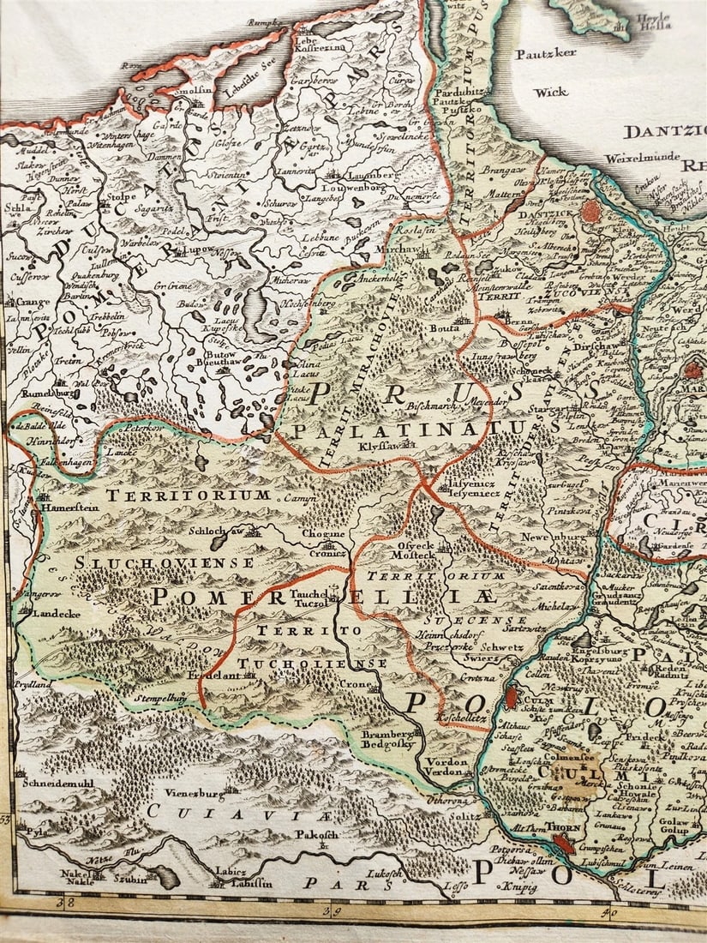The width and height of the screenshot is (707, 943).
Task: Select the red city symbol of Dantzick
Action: coord(591,211)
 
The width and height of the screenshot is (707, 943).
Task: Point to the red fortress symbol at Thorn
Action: coord(564,844)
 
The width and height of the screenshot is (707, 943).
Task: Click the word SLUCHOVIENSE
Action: coord(164,562)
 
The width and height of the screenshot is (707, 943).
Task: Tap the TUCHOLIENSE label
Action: coord(312,663)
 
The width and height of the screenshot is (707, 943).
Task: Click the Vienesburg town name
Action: coord(190,795)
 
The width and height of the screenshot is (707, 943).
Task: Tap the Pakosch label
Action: coord(319,833)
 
